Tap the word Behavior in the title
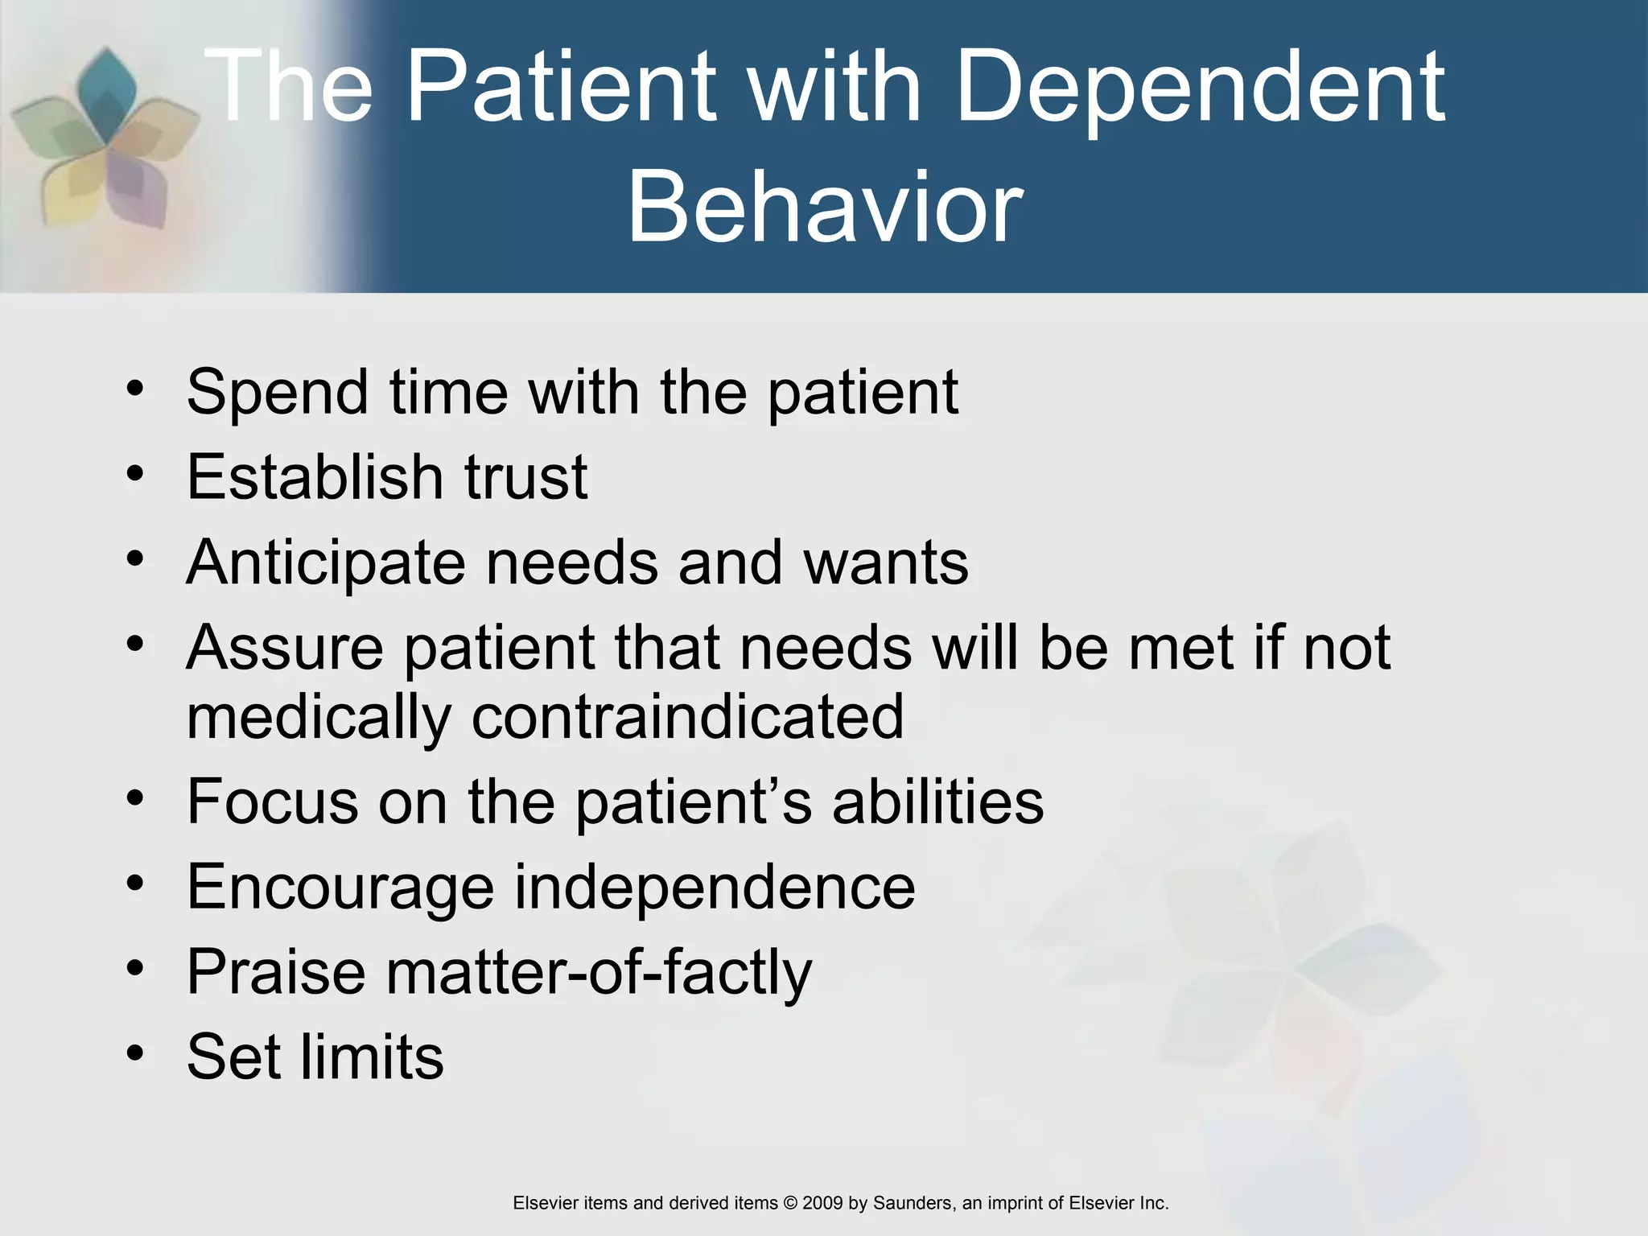(x=824, y=208)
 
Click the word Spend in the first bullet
(x=277, y=393)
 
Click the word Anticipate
(x=325, y=563)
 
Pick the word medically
(x=319, y=718)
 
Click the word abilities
(x=937, y=802)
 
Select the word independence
(x=714, y=888)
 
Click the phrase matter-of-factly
(x=599, y=973)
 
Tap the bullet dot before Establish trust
(x=134, y=472)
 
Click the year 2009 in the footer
(x=822, y=1203)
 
